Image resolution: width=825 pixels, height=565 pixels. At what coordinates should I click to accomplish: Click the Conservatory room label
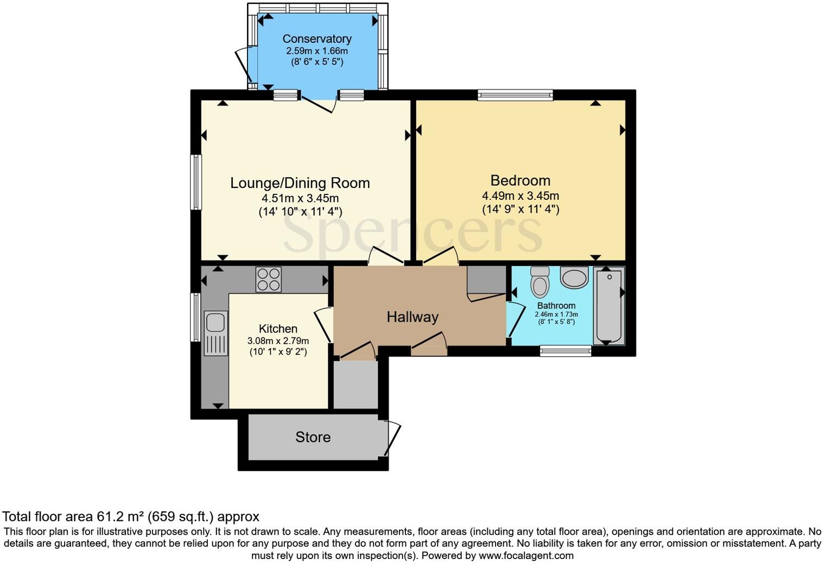click(317, 39)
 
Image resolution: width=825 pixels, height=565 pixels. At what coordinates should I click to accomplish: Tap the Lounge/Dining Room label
click(300, 183)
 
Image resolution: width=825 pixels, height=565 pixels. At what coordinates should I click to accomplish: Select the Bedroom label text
click(520, 180)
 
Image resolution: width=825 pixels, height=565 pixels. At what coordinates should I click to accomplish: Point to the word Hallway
click(412, 317)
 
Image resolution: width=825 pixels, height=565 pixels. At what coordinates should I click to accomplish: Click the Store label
click(313, 437)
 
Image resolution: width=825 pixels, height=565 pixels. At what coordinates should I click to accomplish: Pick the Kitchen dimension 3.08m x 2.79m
click(278, 341)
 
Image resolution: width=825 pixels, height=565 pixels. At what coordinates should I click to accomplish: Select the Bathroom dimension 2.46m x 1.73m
click(556, 315)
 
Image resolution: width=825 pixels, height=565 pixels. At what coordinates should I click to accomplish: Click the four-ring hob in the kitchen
click(268, 280)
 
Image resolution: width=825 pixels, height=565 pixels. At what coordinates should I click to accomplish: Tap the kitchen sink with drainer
click(215, 332)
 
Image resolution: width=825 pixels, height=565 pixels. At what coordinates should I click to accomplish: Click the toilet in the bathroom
click(540, 281)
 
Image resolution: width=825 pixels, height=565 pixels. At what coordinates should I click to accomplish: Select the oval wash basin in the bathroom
click(574, 278)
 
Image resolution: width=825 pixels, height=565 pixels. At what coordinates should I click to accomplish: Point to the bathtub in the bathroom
click(609, 306)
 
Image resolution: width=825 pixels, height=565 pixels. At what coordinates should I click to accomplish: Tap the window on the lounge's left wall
click(196, 182)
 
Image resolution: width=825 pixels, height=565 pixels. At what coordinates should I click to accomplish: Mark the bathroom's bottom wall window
click(566, 351)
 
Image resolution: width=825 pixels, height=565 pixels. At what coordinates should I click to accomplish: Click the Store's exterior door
click(393, 438)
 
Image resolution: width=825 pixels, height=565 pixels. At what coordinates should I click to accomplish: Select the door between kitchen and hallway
click(325, 325)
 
